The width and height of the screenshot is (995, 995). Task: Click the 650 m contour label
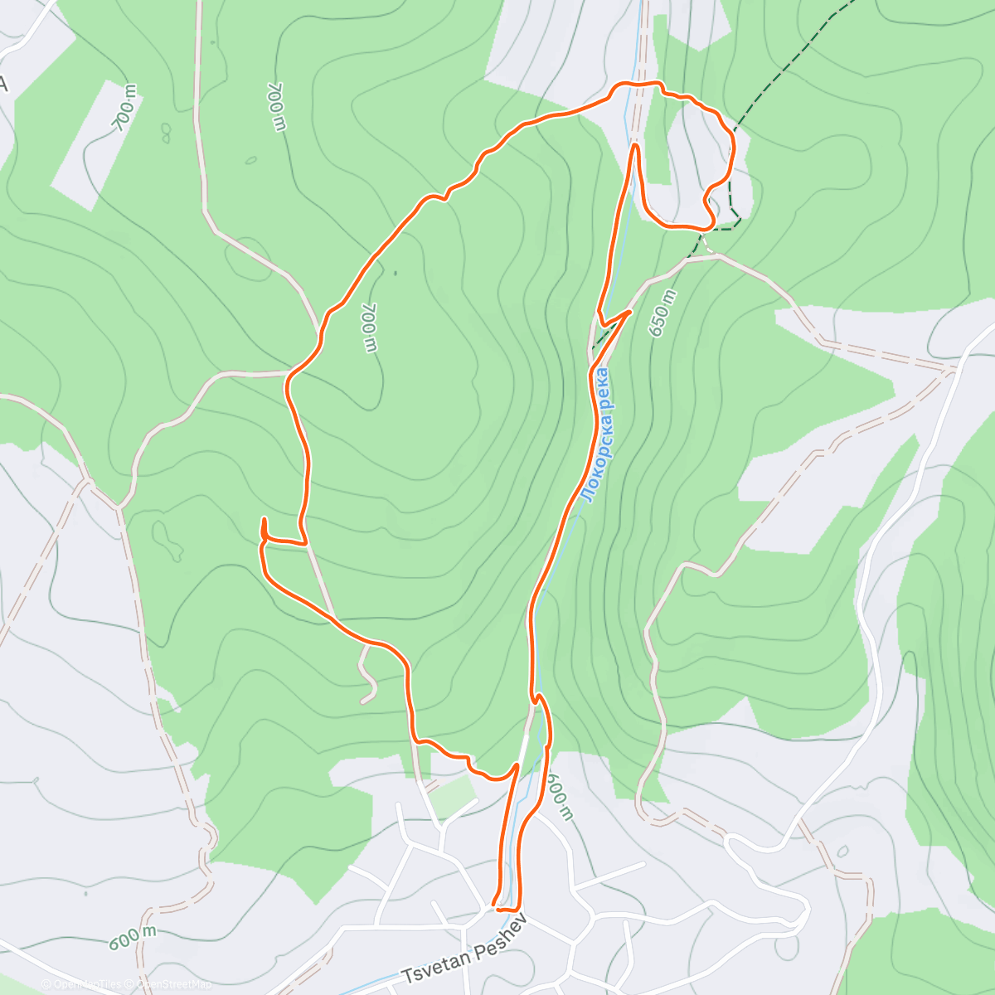[663, 313]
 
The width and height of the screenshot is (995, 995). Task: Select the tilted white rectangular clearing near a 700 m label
[93, 137]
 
